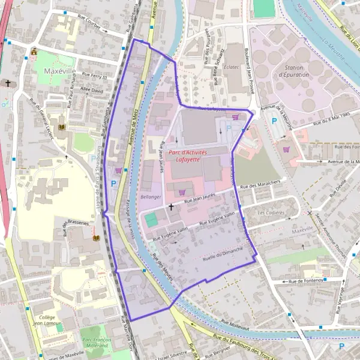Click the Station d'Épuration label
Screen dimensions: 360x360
pyautogui.click(x=293, y=71)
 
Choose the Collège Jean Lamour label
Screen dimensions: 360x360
pyautogui.click(x=47, y=320)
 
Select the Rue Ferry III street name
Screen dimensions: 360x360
pyautogui.click(x=94, y=77)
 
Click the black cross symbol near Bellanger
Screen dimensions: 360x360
pyautogui.click(x=172, y=207)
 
